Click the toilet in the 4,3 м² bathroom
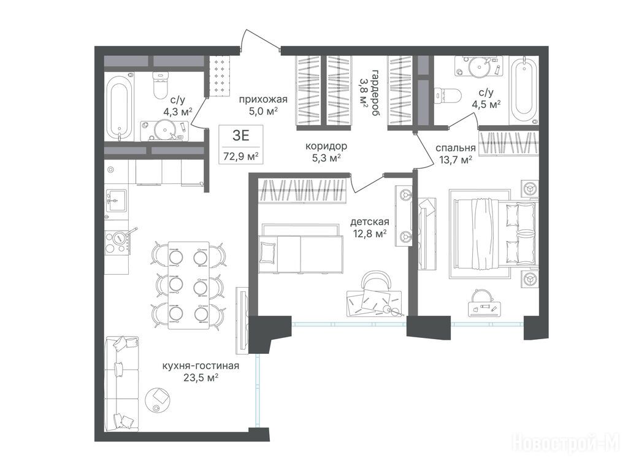162,83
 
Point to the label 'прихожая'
263,99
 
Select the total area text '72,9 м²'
240,156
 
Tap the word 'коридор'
326,146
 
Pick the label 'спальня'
456,148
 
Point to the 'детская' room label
370,222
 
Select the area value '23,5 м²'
201,377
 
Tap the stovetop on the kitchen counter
118,242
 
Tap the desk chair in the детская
377,280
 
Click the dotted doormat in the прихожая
220,75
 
